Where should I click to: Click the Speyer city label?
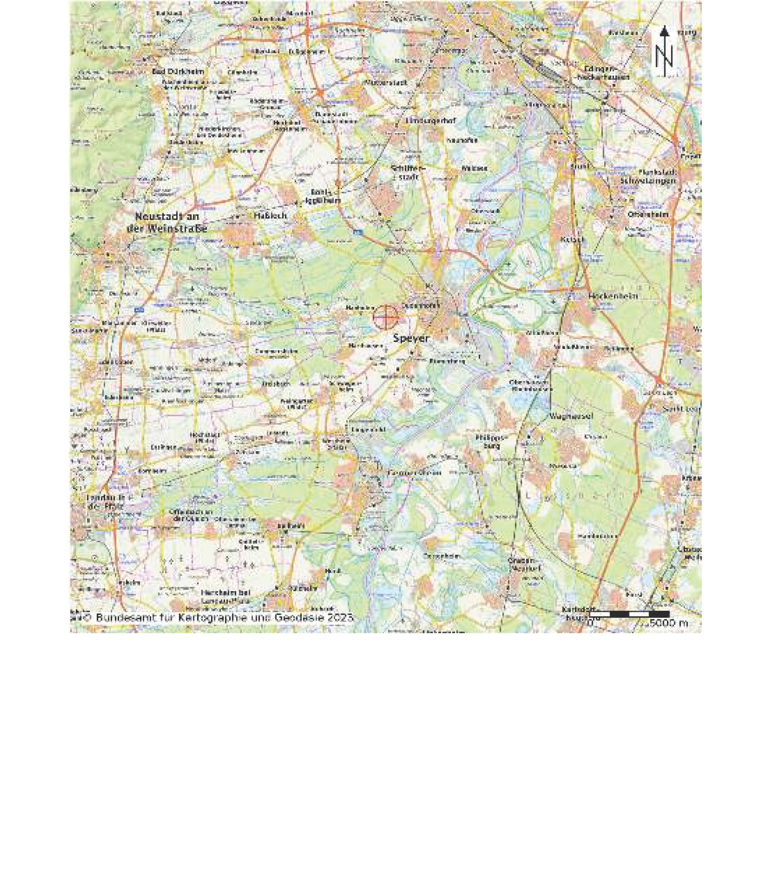(410, 338)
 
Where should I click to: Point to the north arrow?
(664, 51)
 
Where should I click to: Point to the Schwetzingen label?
(648, 180)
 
